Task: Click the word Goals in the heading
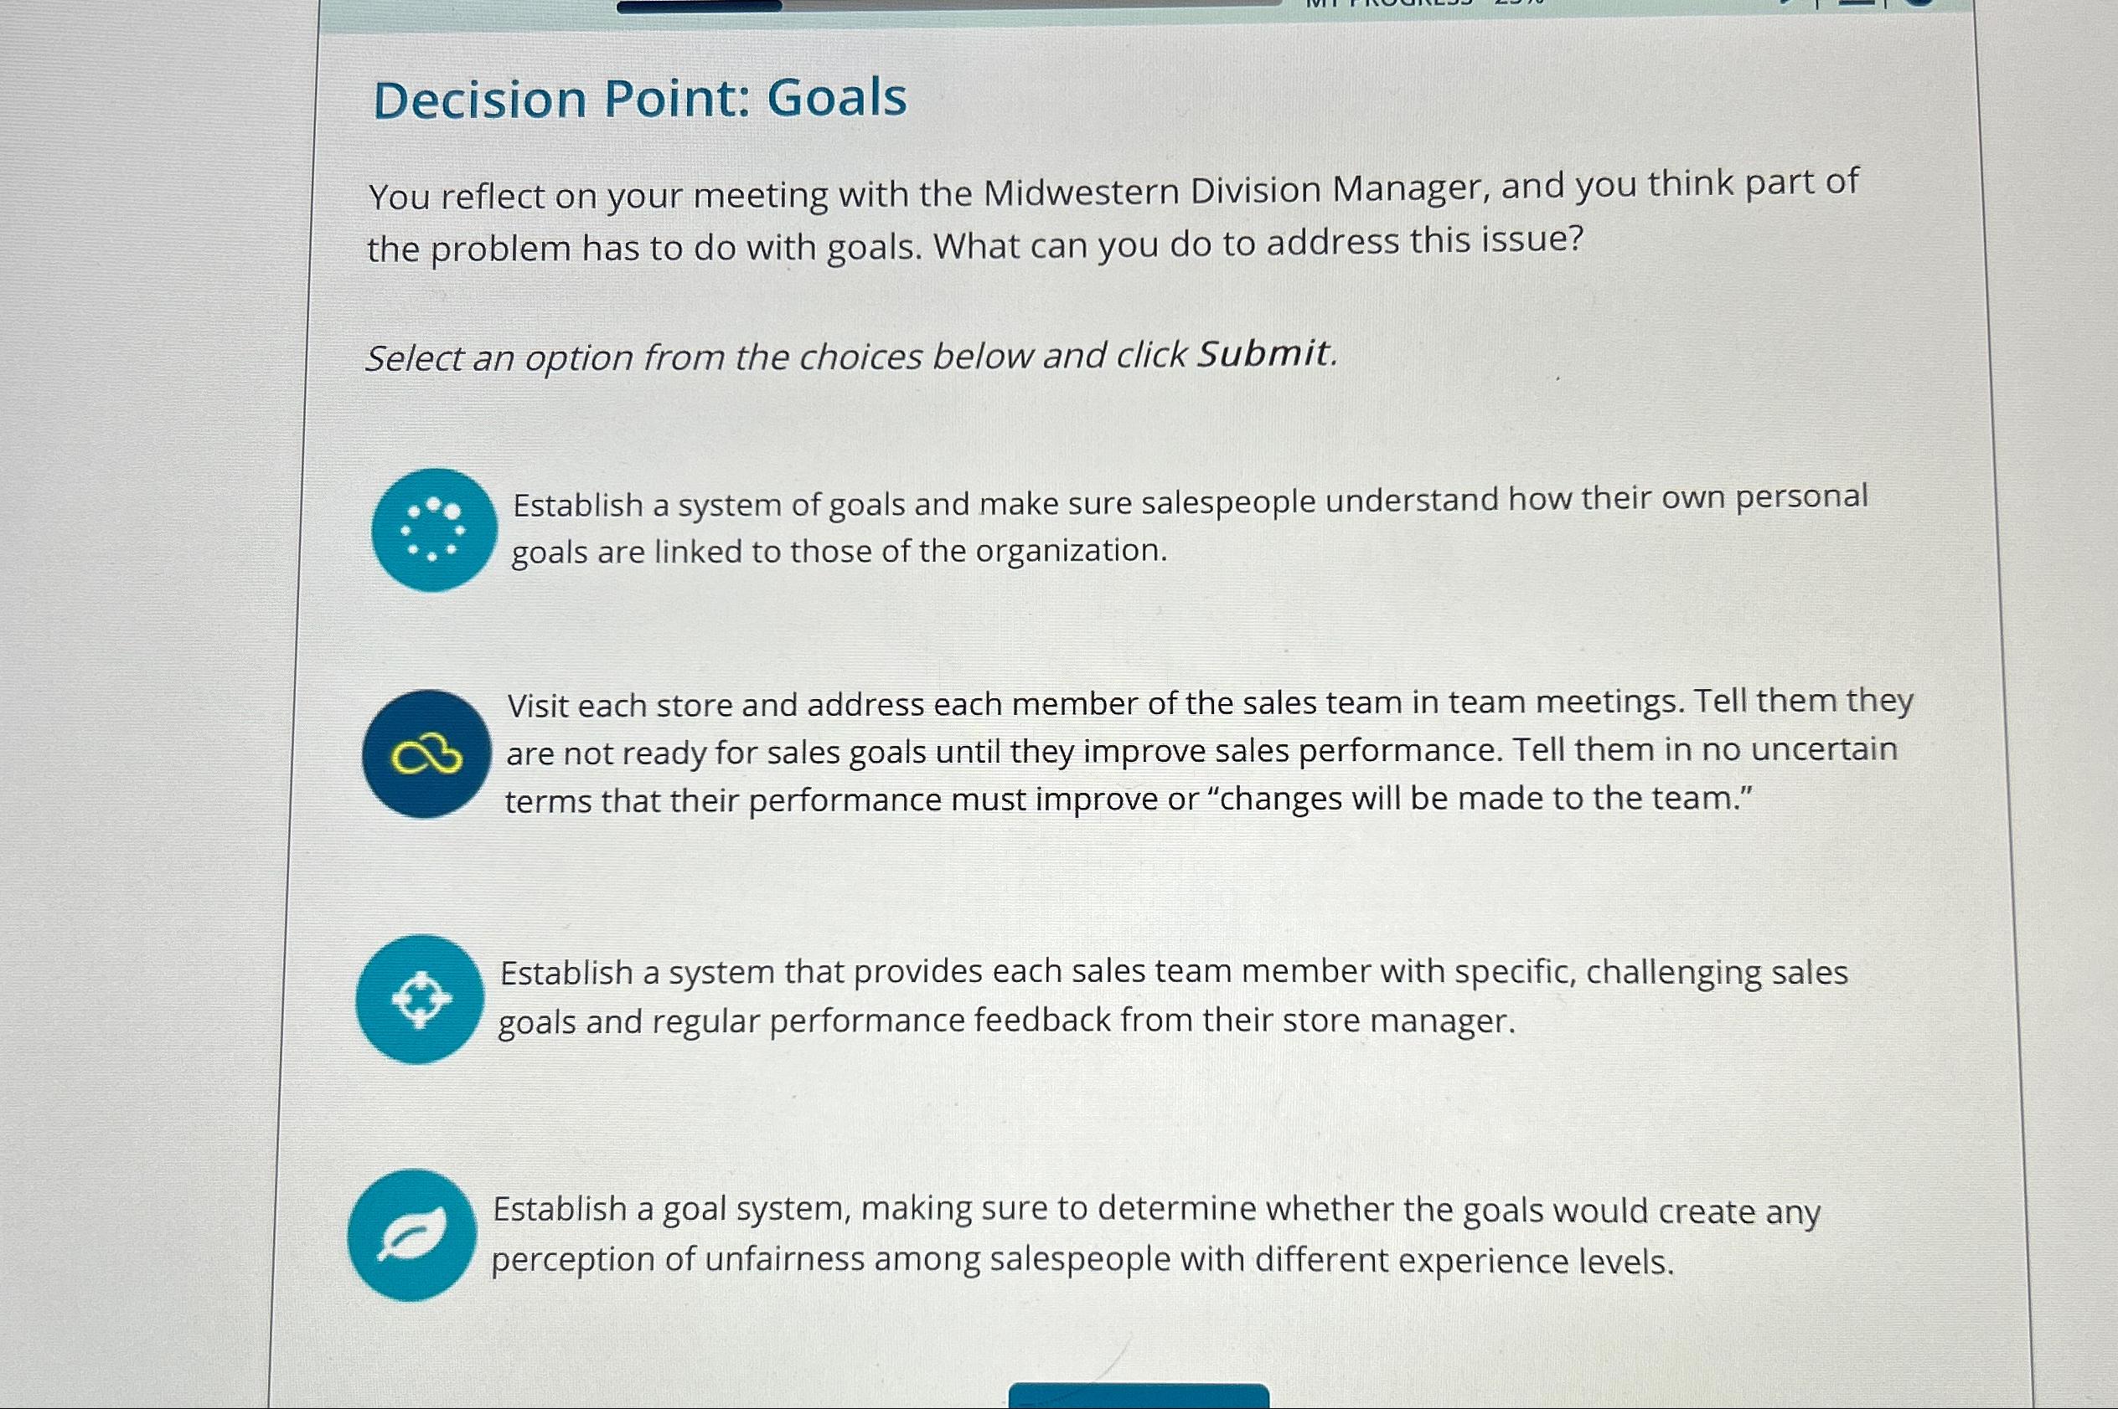click(836, 98)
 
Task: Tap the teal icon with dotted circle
click(434, 530)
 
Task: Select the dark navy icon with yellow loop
click(427, 755)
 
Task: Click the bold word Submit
click(1263, 353)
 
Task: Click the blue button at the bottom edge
click(1138, 1397)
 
